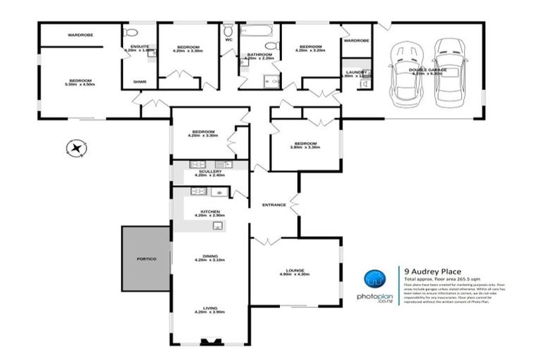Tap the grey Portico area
146,259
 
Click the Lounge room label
294,269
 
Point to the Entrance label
274,205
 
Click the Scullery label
210,172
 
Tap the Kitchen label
210,212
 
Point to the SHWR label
139,82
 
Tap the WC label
229,40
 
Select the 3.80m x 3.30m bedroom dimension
304,148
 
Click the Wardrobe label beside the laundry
356,41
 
